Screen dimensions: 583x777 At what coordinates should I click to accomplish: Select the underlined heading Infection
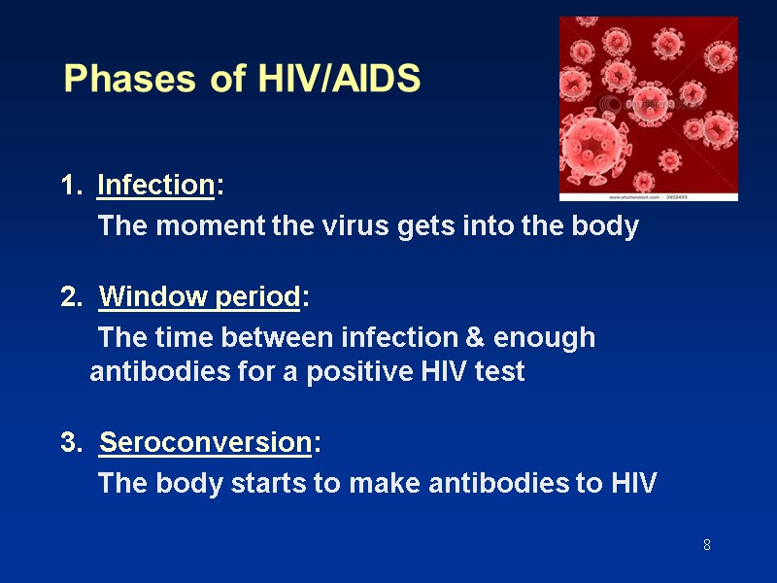tap(155, 185)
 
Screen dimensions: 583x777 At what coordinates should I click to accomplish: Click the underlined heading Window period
tap(200, 296)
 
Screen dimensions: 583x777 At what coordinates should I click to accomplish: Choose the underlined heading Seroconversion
tap(205, 443)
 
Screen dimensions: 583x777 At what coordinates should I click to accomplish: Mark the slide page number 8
tap(707, 545)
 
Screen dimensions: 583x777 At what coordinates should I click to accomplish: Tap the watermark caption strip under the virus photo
tap(648, 196)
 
